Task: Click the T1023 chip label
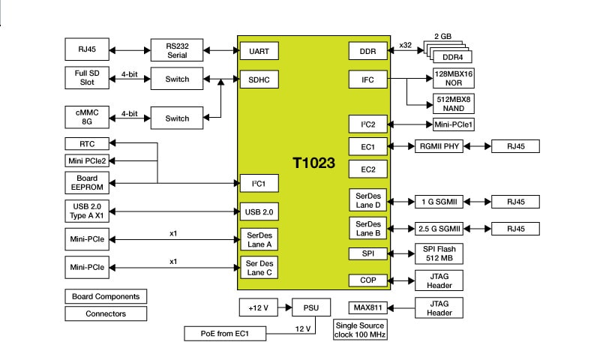click(x=313, y=161)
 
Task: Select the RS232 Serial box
click(x=177, y=51)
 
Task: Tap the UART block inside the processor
click(x=259, y=51)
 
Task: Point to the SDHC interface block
click(x=259, y=78)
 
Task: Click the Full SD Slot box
click(x=87, y=77)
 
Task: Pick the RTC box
click(x=87, y=143)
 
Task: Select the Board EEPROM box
click(x=87, y=182)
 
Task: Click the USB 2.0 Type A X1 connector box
click(x=87, y=211)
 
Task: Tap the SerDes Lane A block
click(x=259, y=240)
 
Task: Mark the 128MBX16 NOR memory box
click(x=454, y=78)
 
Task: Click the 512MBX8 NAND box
click(x=454, y=103)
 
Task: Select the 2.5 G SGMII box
click(x=439, y=228)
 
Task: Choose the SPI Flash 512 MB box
click(x=439, y=253)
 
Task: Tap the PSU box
click(x=310, y=307)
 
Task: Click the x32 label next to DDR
click(x=406, y=45)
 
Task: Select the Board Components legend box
click(x=106, y=296)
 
